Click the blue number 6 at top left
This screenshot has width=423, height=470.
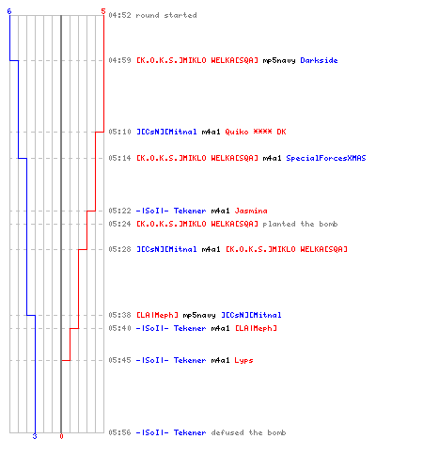coord(9,11)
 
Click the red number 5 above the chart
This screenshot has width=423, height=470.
coord(103,11)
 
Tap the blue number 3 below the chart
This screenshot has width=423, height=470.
coord(35,436)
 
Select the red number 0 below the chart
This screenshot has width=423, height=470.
coord(61,436)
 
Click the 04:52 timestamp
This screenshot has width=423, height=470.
coord(119,15)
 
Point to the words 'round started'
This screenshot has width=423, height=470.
coord(166,15)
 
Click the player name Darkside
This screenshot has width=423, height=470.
coord(319,60)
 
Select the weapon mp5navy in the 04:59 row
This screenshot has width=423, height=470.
coord(279,60)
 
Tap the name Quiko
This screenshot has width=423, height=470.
coord(237,132)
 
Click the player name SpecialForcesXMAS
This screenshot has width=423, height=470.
coord(326,158)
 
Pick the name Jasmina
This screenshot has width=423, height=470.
coord(251,211)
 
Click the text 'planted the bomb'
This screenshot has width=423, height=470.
coord(300,224)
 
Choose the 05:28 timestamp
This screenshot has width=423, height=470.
coord(119,249)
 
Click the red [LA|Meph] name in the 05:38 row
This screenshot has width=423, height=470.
coord(157,315)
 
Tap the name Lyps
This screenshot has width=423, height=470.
coord(243,360)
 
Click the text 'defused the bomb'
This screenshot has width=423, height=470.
coord(248,432)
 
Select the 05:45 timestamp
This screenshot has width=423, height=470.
coord(119,360)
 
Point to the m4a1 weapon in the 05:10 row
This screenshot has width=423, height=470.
coord(211,132)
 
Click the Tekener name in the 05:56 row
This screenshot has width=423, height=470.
coord(190,432)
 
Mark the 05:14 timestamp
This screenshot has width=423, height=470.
coord(119,158)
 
